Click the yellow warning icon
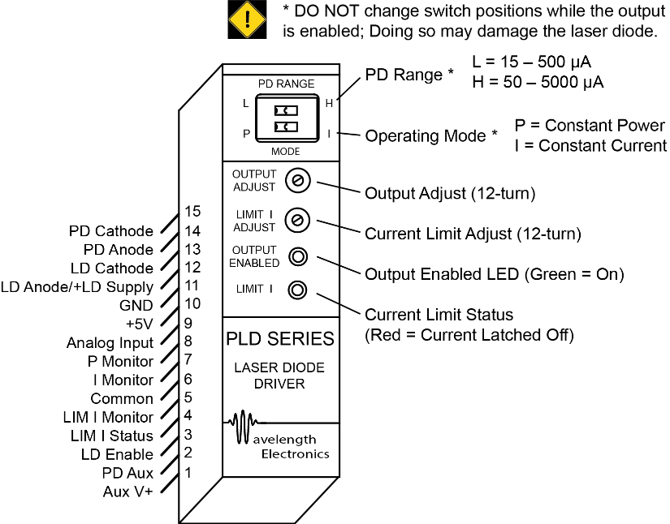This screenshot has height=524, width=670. [247, 20]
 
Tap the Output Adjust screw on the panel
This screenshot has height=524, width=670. [298, 181]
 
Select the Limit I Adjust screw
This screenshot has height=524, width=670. [298, 219]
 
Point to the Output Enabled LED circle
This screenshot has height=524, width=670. [298, 257]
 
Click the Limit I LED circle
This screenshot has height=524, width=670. [298, 289]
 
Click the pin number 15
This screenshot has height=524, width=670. [192, 212]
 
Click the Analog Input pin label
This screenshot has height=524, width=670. [110, 343]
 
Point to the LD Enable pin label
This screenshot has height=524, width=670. [117, 454]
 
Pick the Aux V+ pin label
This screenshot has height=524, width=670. [128, 492]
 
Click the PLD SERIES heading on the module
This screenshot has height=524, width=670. [280, 338]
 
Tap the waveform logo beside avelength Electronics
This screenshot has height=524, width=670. [243, 427]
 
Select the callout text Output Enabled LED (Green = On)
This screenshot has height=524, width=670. [494, 274]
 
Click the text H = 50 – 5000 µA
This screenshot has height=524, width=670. [538, 83]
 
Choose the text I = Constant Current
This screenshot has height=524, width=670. [590, 145]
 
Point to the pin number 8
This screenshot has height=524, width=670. [188, 341]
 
